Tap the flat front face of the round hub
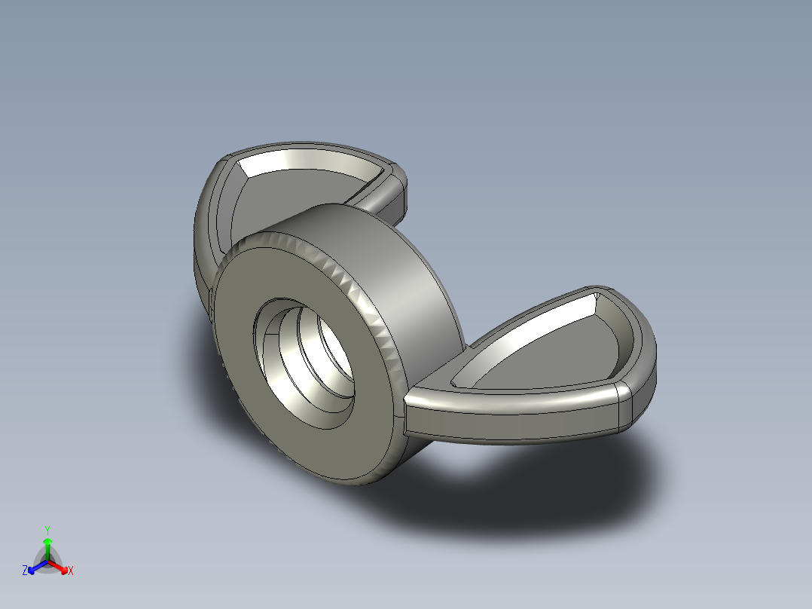pos(249,407)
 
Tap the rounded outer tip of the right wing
pos(640,377)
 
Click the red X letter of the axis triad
pos(71,571)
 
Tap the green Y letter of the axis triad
pos(47,530)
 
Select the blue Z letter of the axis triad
pos(25,571)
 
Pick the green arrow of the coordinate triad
pos(47,546)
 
